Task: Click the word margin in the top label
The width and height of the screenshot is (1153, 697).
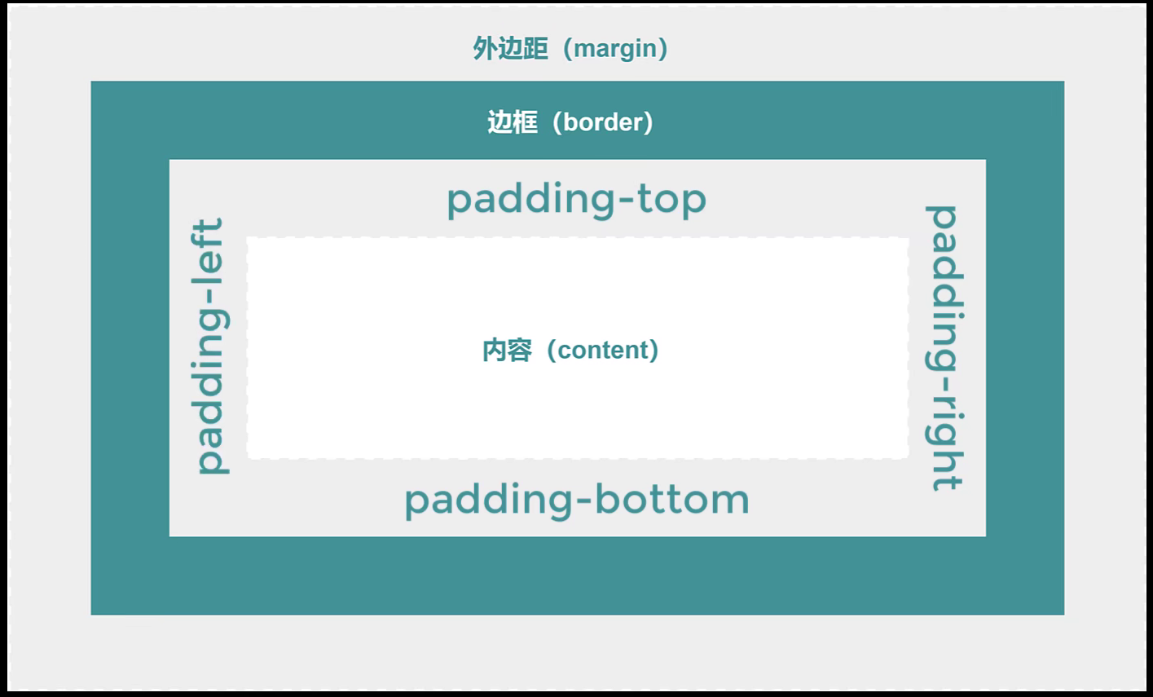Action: pos(615,50)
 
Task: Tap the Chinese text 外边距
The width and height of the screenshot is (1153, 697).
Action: pos(510,48)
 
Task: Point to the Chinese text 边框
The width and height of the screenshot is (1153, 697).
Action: pos(513,122)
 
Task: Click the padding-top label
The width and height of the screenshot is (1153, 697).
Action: pos(577,200)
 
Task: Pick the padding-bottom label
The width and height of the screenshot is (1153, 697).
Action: pos(577,501)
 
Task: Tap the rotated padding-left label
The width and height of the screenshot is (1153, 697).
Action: pos(210,346)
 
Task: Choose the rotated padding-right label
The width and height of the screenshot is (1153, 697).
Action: pos(944,348)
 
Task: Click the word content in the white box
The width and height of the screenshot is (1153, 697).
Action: pos(602,351)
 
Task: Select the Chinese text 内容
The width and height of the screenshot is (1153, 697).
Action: pos(507,351)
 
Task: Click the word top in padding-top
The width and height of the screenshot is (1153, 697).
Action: pos(671,200)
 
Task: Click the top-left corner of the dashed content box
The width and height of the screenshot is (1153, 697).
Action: pos(247,237)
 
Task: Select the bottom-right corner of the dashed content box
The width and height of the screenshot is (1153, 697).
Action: pos(909,458)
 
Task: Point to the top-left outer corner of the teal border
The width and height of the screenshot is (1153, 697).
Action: pos(91,81)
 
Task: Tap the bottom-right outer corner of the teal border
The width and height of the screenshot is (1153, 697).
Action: pos(1064,615)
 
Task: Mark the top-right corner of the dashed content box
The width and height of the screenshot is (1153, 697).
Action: pos(909,237)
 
